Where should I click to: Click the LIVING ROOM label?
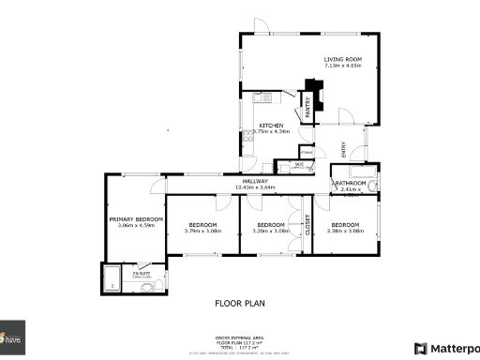tap(342, 60)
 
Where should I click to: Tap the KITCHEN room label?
tap(271, 126)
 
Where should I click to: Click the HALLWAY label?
tap(255, 181)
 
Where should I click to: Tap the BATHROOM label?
tap(352, 183)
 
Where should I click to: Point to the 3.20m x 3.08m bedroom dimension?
tap(271, 231)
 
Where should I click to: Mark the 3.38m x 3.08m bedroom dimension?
tap(344, 231)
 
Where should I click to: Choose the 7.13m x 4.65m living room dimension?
tap(342, 67)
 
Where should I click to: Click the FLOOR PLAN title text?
tap(240, 304)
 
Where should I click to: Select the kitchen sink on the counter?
tap(262, 97)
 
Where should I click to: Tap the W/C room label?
tap(299, 164)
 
